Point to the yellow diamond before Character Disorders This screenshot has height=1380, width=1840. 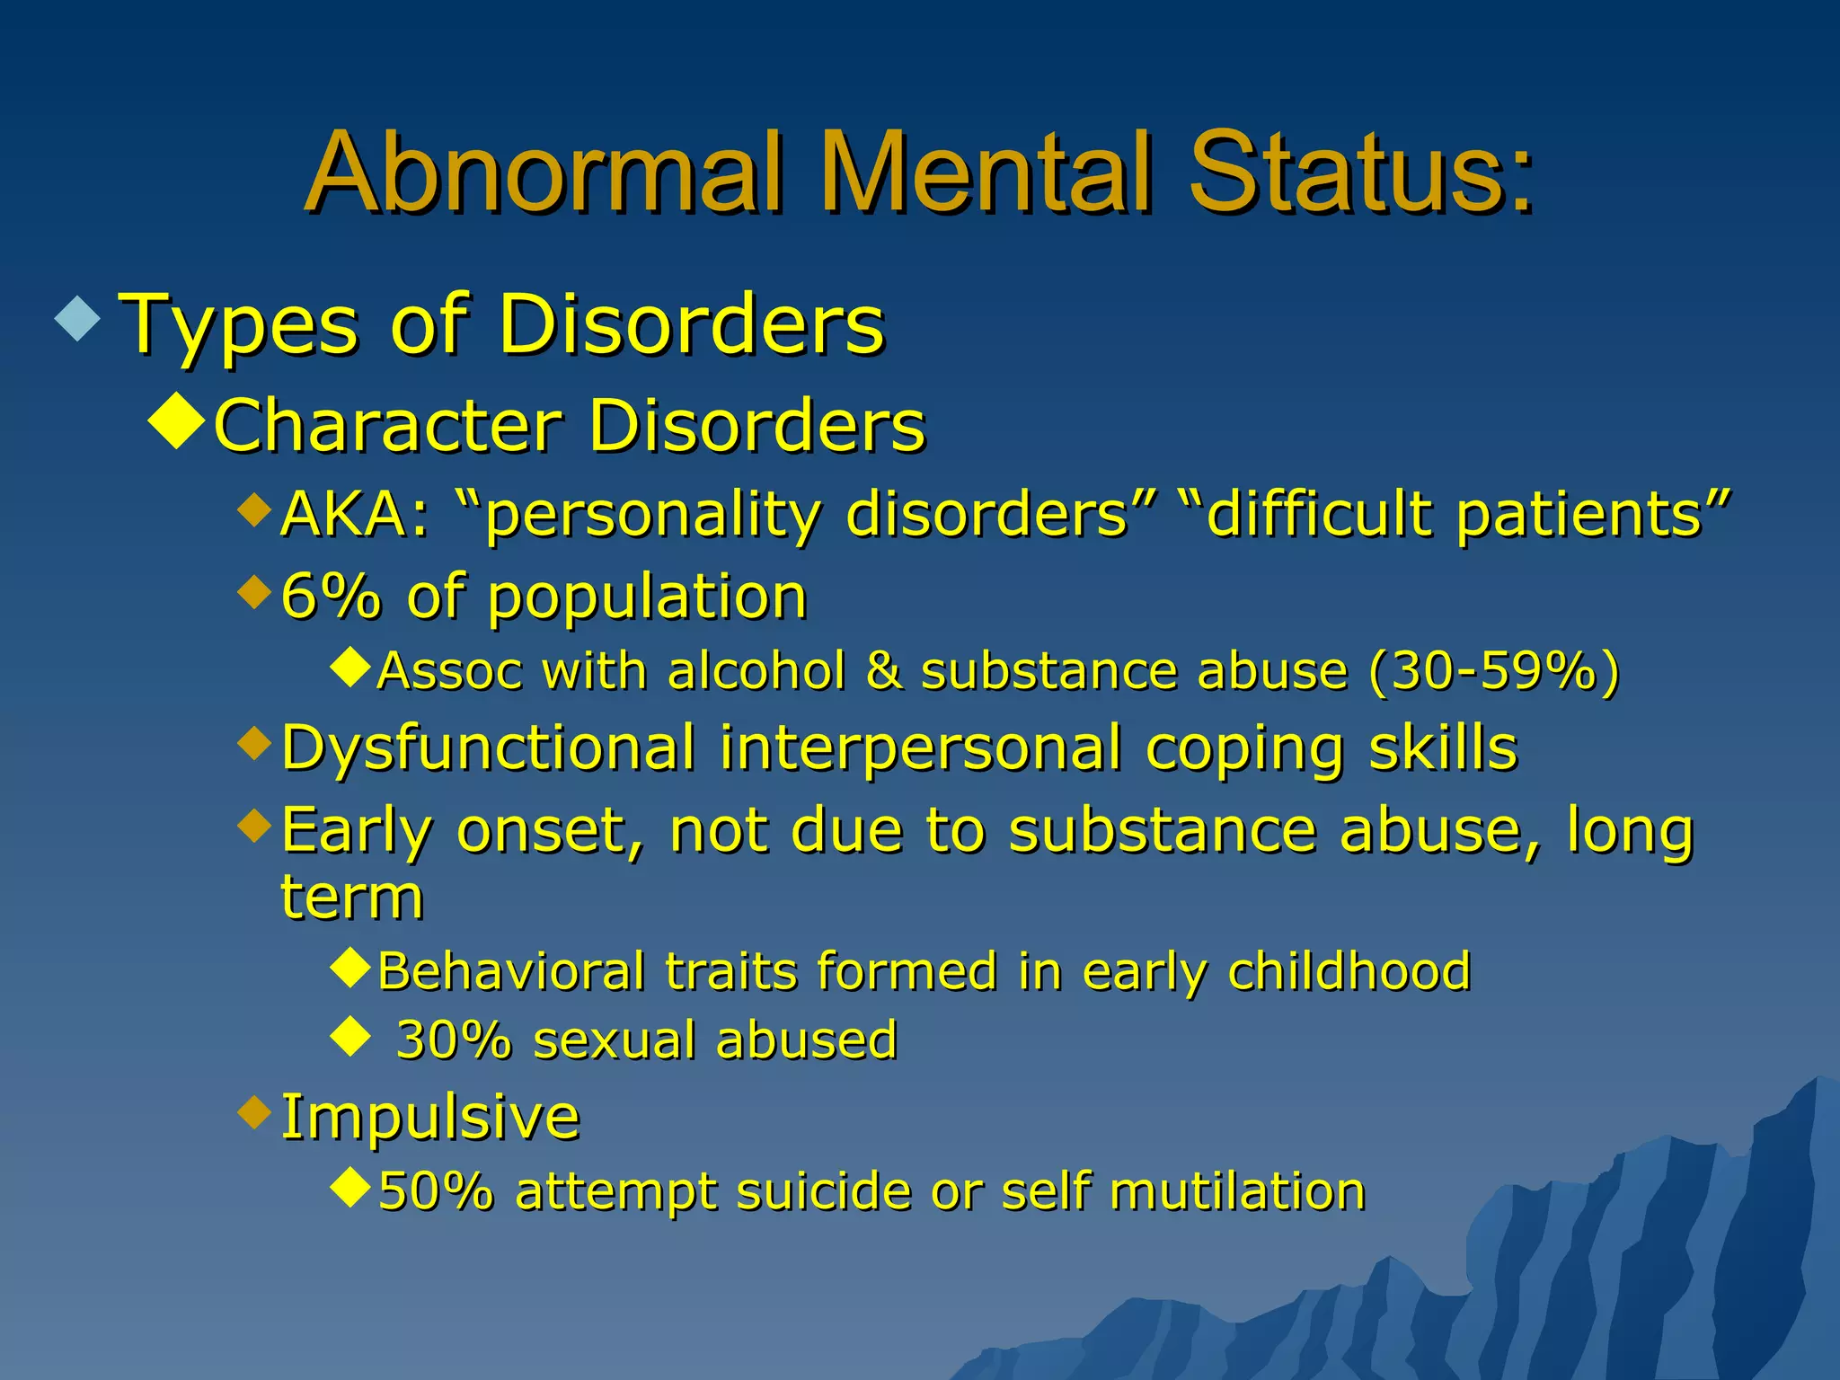point(177,420)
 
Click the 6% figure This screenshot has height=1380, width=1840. point(330,597)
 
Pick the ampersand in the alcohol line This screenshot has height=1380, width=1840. point(884,671)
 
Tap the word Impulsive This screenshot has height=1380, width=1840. point(430,1117)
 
